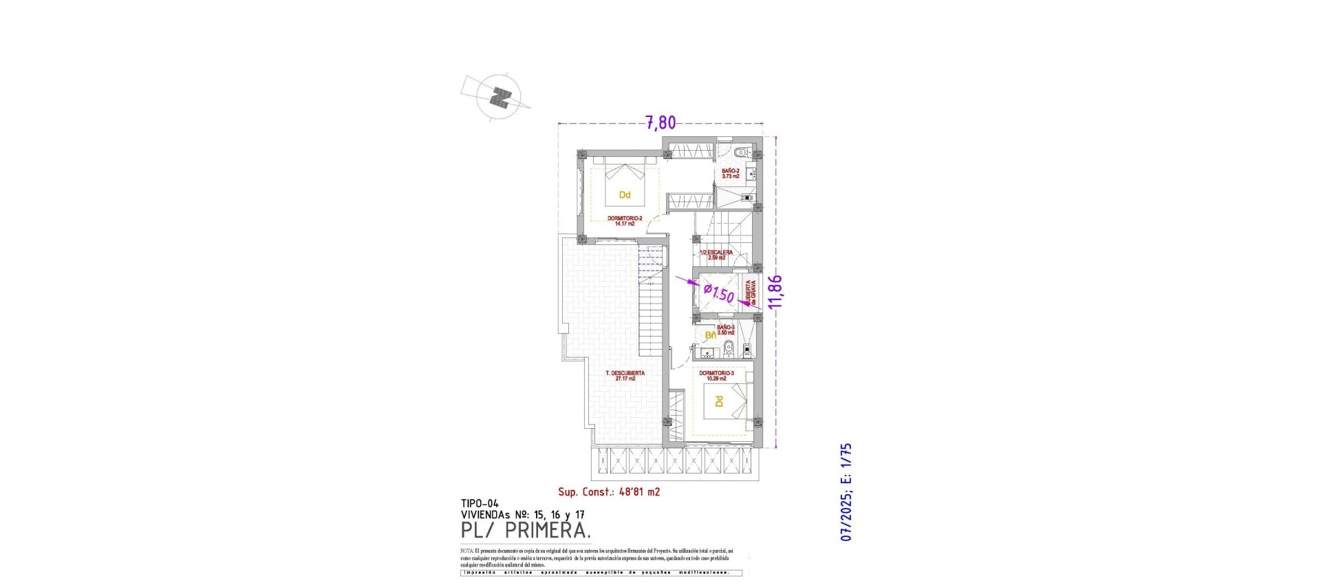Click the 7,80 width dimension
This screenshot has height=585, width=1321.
(x=660, y=123)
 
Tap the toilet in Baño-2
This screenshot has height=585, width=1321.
(x=742, y=153)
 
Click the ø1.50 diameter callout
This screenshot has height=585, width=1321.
(x=718, y=295)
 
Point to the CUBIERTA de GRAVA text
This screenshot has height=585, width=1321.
(x=750, y=293)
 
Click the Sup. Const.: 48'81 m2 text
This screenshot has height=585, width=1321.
(x=609, y=492)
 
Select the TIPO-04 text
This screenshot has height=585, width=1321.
(x=480, y=503)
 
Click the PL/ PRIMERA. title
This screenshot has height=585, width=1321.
(x=526, y=531)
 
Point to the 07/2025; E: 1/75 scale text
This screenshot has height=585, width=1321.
(x=847, y=491)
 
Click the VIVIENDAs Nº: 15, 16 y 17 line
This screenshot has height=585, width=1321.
(x=523, y=514)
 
